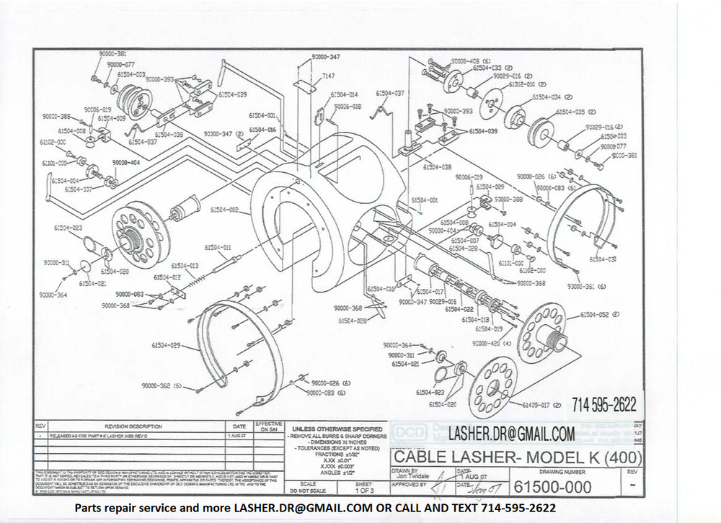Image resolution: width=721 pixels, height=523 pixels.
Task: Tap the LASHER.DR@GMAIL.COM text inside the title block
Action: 511,434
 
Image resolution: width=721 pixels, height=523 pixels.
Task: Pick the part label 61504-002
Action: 224,210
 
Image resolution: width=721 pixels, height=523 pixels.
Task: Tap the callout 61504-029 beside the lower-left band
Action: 166,345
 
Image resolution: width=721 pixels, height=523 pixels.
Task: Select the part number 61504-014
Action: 344,94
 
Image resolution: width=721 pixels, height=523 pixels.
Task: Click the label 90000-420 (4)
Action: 492,344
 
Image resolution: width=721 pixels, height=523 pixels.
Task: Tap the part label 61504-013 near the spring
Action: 184,265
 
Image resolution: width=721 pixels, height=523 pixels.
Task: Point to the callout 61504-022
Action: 459,308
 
